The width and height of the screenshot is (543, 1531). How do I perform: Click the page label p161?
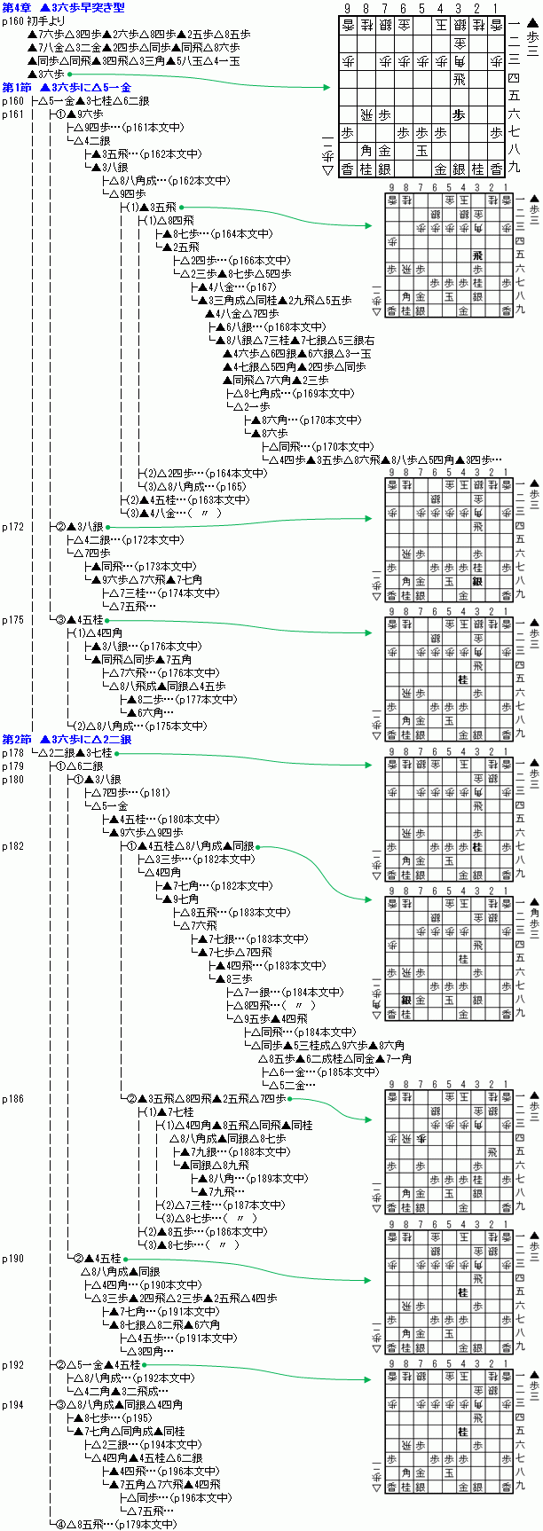click(x=12, y=114)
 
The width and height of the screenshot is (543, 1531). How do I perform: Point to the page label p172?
click(x=12, y=527)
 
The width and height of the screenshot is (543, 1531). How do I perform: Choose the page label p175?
click(x=12, y=620)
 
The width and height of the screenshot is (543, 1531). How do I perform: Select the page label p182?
click(x=12, y=846)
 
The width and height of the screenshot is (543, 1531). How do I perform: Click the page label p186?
click(x=12, y=1099)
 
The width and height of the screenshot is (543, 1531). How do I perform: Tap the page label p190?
click(x=12, y=1259)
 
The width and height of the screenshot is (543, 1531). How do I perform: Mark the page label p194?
click(x=12, y=1405)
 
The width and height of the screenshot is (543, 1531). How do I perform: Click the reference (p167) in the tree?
click(x=262, y=287)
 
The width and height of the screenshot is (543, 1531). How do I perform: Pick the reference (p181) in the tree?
click(x=154, y=793)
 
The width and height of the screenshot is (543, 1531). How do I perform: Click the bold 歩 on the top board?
click(x=459, y=114)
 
